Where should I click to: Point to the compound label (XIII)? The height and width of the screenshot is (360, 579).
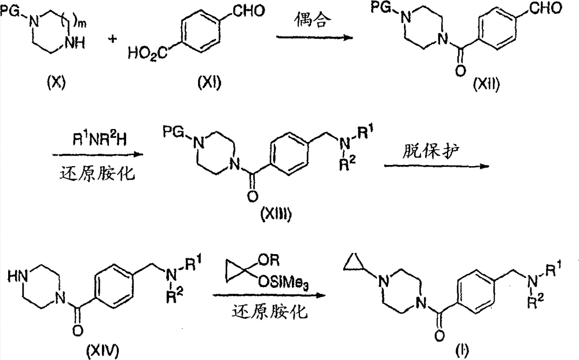(276, 214)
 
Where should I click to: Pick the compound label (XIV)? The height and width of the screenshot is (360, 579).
(102, 350)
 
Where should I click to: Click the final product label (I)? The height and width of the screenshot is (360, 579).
(461, 351)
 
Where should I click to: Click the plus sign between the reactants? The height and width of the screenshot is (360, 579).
(113, 38)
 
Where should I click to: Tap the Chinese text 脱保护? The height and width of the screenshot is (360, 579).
(430, 151)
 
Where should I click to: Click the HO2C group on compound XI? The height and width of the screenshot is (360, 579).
(147, 54)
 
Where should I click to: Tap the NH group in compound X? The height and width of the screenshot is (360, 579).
(75, 43)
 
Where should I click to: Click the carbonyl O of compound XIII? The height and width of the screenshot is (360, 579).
(252, 196)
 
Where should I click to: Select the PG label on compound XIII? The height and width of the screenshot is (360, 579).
(173, 131)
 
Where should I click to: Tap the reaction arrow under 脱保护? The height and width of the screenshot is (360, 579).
(437, 166)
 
